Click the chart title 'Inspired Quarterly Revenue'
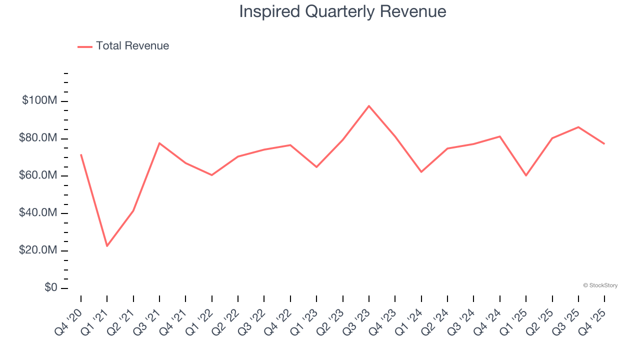(x=342, y=11)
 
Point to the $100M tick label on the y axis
(x=39, y=100)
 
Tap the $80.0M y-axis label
(x=38, y=138)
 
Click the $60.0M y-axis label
(x=38, y=175)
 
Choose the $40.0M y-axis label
(x=38, y=213)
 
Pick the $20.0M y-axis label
(x=38, y=250)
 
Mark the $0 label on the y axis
(x=50, y=287)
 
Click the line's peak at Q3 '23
(x=369, y=106)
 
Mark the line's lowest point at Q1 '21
(x=107, y=246)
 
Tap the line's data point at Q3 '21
(x=159, y=143)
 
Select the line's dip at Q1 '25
(x=526, y=175)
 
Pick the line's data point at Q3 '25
(x=578, y=127)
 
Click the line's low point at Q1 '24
(x=421, y=172)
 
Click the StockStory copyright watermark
(x=600, y=285)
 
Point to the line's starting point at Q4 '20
(x=81, y=154)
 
